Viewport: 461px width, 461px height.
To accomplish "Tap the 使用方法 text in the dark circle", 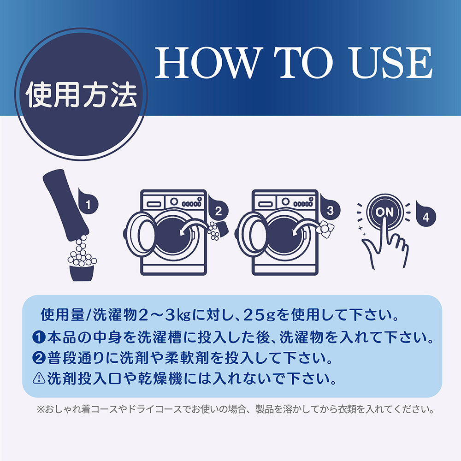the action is (82, 95).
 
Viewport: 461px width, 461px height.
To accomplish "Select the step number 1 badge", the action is (88, 204).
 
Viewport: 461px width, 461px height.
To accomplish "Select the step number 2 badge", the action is (218, 211).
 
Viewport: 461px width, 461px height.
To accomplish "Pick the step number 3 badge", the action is (330, 210).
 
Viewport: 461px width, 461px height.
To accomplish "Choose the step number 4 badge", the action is (426, 216).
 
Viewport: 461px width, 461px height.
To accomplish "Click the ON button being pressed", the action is (384, 212).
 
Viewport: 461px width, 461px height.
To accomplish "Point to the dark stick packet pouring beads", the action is (65, 205).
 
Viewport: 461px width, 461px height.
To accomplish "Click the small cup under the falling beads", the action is (82, 273).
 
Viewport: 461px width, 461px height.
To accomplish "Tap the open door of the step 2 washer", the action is (141, 234).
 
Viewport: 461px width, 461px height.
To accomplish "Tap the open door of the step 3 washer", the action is (252, 234).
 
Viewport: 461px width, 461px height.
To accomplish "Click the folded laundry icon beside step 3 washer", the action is (325, 229).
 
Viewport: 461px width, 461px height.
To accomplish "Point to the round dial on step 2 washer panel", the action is (174, 202).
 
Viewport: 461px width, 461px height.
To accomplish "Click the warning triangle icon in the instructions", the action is (39, 378).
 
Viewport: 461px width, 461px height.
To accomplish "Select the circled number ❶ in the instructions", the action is (39, 337).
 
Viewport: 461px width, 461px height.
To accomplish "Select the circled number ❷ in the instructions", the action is (39, 358).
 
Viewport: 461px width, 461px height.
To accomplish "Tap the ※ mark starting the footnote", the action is (40, 409).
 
